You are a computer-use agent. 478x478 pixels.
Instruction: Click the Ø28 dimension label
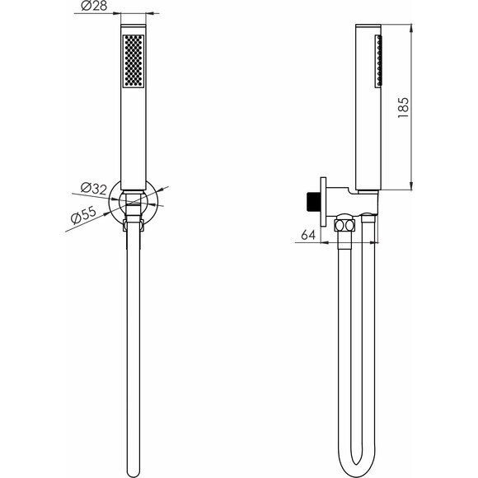point(94,6)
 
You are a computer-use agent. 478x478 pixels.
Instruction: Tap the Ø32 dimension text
point(94,189)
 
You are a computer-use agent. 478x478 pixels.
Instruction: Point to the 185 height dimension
point(403,108)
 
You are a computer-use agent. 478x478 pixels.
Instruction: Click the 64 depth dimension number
point(308,235)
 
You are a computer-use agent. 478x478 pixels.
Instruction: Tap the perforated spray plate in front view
point(134,61)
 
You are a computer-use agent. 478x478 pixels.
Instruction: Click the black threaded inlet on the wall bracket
point(313,202)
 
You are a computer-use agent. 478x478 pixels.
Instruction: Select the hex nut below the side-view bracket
point(345,226)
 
